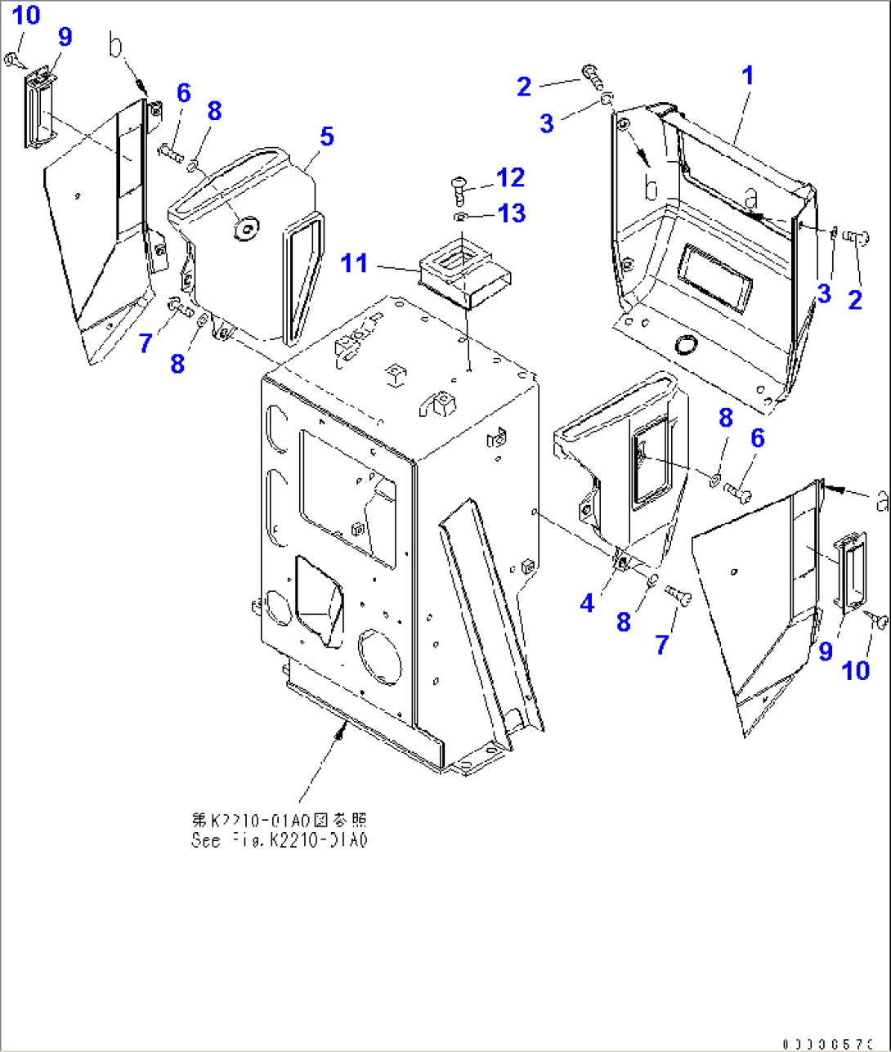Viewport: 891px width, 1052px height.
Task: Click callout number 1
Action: [747, 76]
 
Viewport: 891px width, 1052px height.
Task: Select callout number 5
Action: [327, 137]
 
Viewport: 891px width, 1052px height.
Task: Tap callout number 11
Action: [355, 263]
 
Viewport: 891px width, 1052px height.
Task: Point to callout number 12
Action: [511, 177]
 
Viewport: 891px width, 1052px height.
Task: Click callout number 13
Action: [512, 213]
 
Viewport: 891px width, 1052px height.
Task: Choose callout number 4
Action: [587, 603]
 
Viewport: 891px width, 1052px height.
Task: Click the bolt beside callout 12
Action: [458, 190]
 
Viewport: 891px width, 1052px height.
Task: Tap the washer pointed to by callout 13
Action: [460, 217]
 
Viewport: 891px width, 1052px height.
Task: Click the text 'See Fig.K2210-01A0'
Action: [278, 840]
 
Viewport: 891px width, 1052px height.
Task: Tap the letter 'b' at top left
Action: [116, 47]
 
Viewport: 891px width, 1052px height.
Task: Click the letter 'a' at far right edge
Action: [881, 500]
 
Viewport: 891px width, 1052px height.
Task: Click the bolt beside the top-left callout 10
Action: [13, 58]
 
